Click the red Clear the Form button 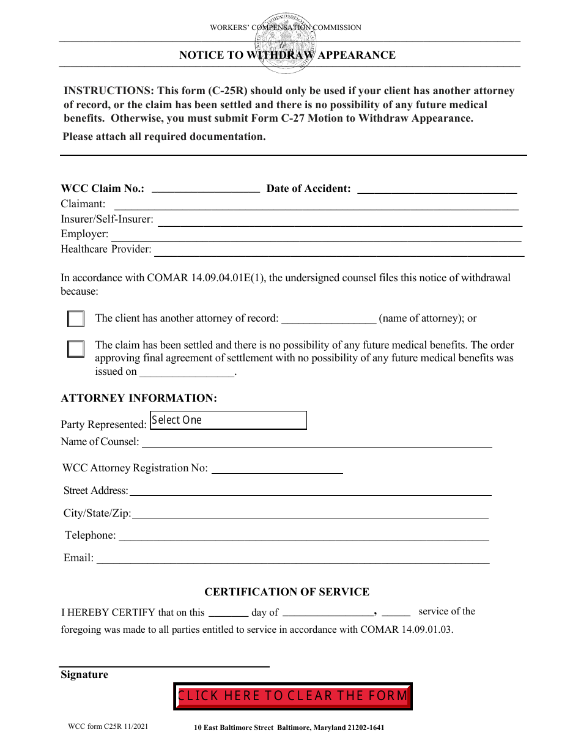coord(293,696)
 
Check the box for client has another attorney coord(76,319)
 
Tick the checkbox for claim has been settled coord(76,349)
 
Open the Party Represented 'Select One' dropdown coord(228,421)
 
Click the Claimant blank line coord(316,204)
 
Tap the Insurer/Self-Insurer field coord(339,219)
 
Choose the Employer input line coord(316,234)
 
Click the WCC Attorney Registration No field coord(276,468)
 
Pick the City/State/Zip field coord(310,513)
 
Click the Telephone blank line coord(303,536)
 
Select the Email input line coord(293,558)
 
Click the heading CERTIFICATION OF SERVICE coord(287,592)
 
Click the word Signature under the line coord(84,675)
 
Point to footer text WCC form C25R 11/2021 coord(108,727)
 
